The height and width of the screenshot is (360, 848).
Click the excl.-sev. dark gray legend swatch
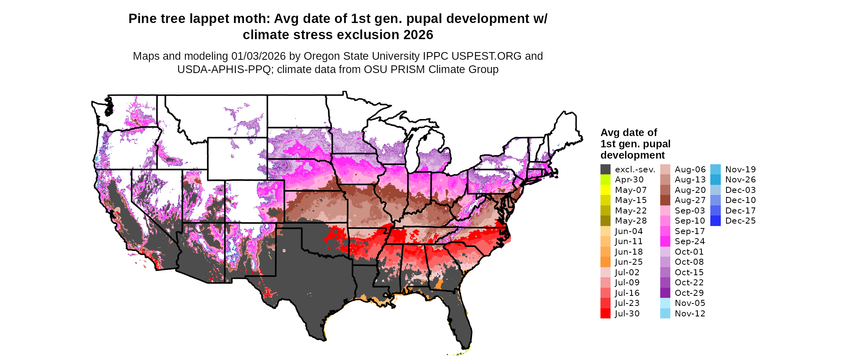tap(605, 170)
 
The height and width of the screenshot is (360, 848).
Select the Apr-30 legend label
tap(629, 180)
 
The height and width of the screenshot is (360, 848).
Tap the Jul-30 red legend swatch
tap(605, 314)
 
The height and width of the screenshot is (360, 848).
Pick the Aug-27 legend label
tap(690, 200)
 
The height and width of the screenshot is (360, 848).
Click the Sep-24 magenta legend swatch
tap(665, 241)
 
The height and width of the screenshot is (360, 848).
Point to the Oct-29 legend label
tap(689, 293)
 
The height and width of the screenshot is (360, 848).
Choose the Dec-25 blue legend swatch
tap(715, 221)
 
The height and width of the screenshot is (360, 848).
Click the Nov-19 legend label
tap(740, 170)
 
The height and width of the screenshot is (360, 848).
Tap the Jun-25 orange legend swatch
tap(605, 262)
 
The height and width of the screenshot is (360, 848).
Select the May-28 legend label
tap(631, 221)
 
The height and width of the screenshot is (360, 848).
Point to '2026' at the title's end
tap(418, 35)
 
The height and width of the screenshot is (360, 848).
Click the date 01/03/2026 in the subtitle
tap(258, 56)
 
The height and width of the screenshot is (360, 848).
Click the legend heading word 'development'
tap(632, 155)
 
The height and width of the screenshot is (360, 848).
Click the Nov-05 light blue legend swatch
tap(665, 303)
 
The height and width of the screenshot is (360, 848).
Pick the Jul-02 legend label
tap(627, 272)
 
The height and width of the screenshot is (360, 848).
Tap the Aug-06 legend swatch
tap(665, 170)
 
